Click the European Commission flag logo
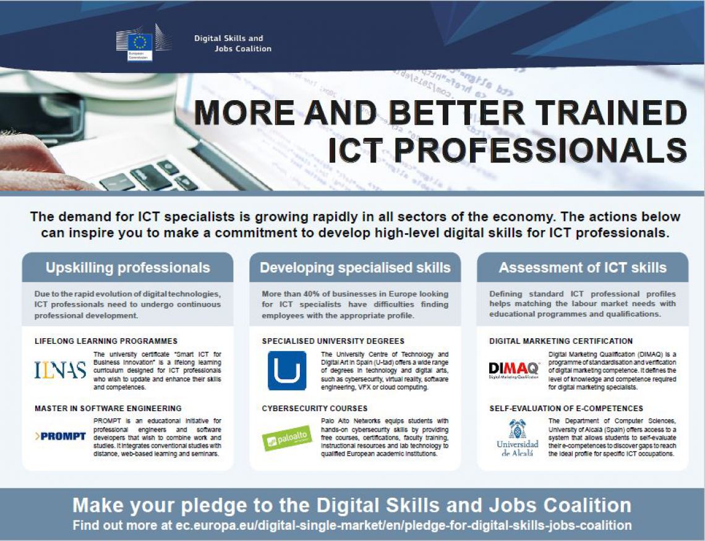pos(139,42)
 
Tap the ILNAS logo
pos(60,369)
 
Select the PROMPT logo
pos(60,437)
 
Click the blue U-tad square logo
pos(287,370)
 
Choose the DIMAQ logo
pos(513,369)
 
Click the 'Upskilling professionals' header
pos(127,268)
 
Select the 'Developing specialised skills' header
pos(355,268)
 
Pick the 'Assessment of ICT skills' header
pos(583,268)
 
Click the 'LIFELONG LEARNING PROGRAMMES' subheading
pos(106,341)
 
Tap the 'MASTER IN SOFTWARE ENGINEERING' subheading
pos(108,408)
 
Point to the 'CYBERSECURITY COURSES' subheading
pos(315,408)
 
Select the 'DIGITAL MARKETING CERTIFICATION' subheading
pos(561,341)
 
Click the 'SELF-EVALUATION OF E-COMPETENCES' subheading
pos(566,408)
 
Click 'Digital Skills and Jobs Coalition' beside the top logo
pos(233,43)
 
